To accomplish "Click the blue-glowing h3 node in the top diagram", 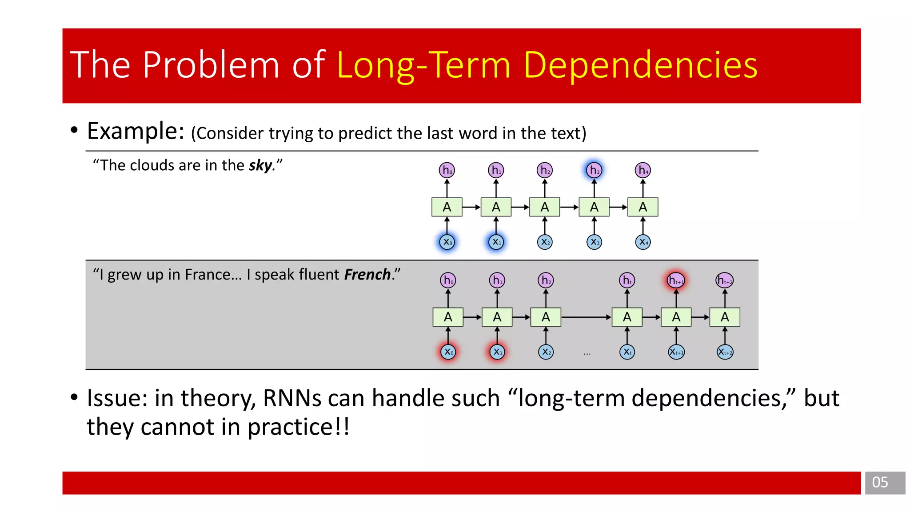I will pos(594,170).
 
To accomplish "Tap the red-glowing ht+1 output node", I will pos(676,280).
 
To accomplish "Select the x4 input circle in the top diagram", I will pos(643,242).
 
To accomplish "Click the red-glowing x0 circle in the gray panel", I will pos(448,352).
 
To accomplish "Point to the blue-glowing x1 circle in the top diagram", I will pos(496,242).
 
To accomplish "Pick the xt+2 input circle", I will pos(725,352).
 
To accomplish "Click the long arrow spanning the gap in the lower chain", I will pos(586,317).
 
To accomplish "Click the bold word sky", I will pos(260,166).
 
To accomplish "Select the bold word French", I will pos(367,275).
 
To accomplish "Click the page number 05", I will pos(880,483).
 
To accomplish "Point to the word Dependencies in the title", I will pos(640,65).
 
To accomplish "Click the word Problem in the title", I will pos(211,65).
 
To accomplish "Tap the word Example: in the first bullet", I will pos(136,132).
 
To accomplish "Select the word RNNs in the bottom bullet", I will pos(292,398).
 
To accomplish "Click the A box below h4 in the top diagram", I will pos(643,207).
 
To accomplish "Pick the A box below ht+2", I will pos(725,317).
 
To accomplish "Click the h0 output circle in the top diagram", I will pos(447,170).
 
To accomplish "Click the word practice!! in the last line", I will pos(298,428).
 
